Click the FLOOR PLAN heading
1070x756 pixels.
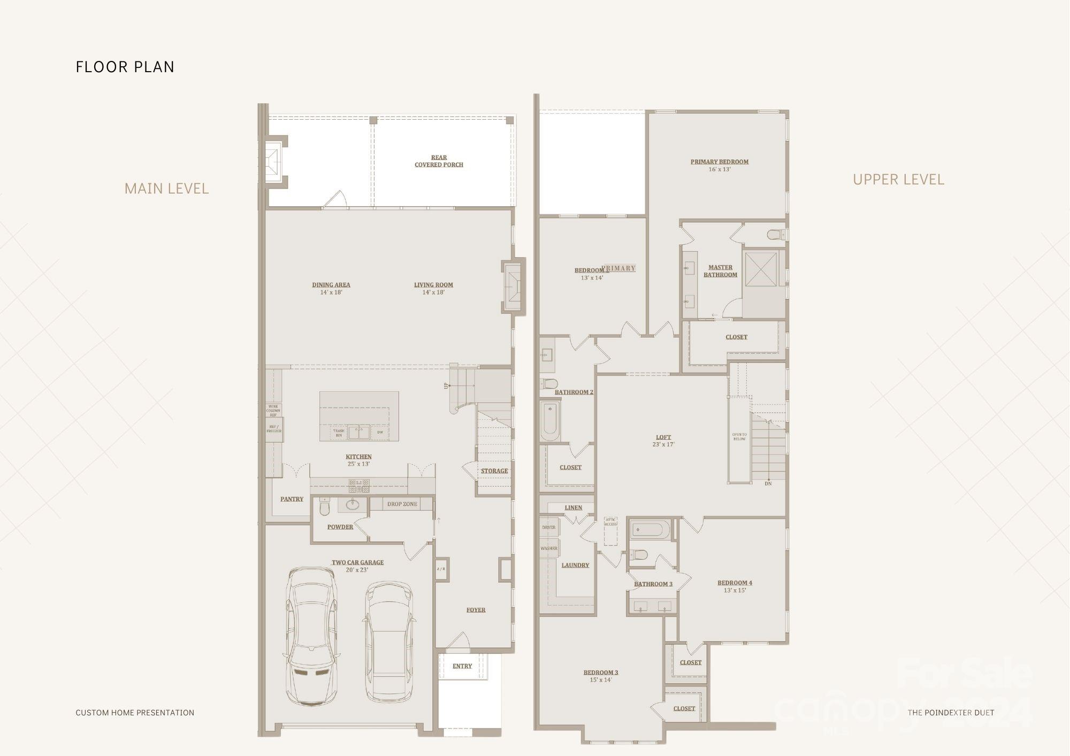[x=125, y=67]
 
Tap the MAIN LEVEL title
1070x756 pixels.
[x=166, y=189]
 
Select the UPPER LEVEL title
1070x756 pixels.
[x=898, y=180]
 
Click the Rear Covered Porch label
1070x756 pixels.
[x=439, y=161]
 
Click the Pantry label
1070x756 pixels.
[x=292, y=499]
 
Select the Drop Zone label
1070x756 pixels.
[x=402, y=504]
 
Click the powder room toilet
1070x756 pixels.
[x=324, y=506]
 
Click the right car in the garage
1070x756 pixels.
[x=389, y=642]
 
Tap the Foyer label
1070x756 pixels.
[x=476, y=610]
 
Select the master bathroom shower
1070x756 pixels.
[x=761, y=269]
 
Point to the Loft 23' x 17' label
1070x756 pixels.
[x=663, y=441]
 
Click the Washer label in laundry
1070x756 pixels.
[x=549, y=549]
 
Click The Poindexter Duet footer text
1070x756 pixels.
[x=951, y=712]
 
